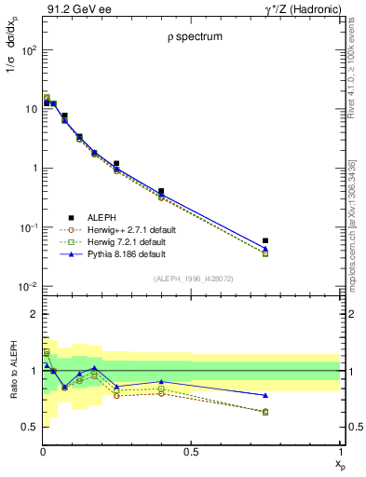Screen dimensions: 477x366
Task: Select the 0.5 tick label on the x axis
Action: tap(191, 451)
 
